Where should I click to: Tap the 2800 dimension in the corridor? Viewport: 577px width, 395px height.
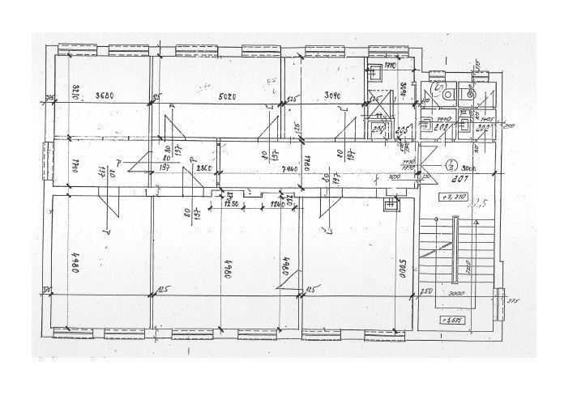[203, 168]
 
